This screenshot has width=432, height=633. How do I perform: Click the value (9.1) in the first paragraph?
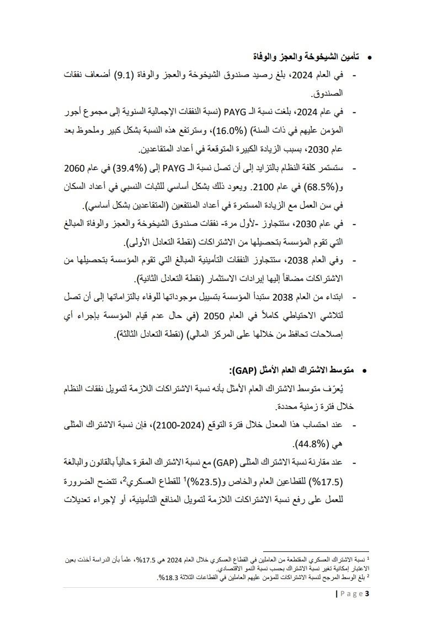tap(131, 75)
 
